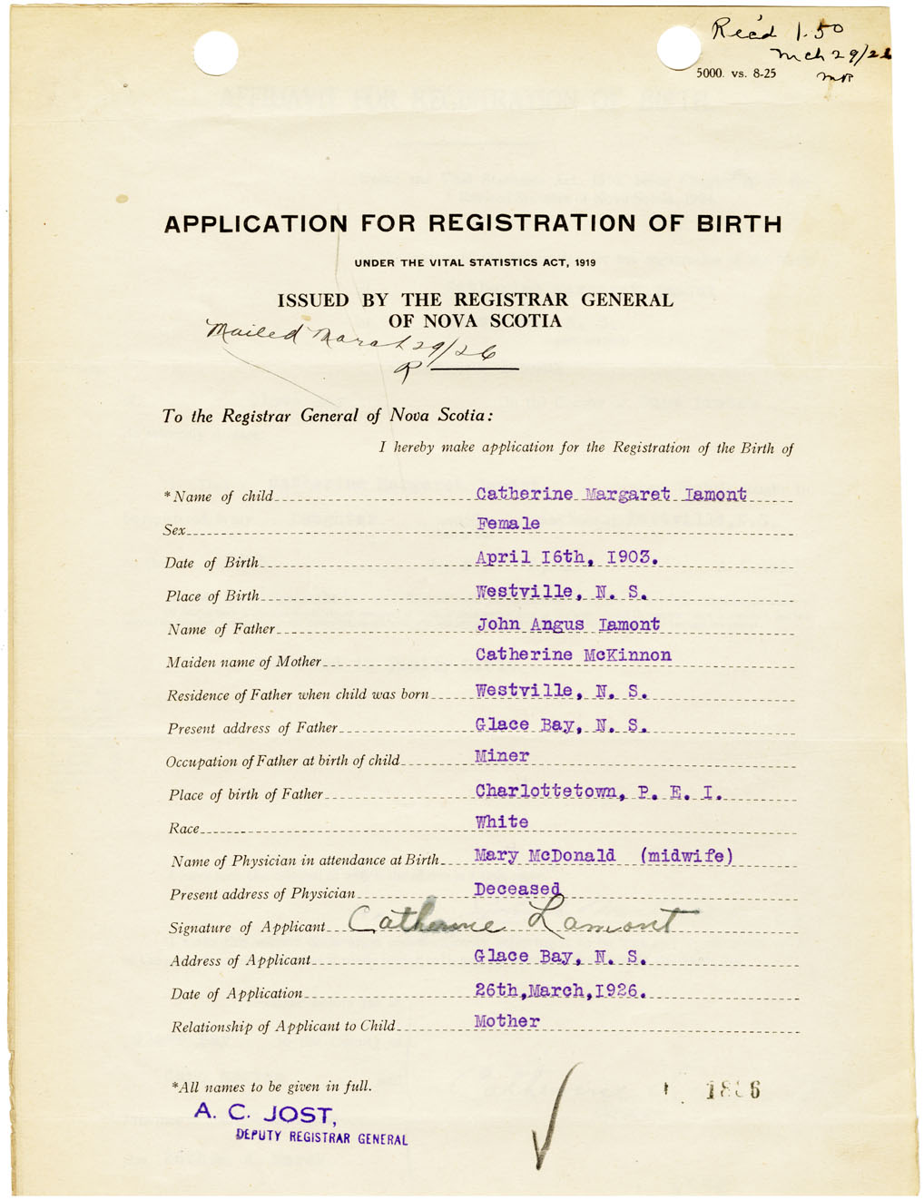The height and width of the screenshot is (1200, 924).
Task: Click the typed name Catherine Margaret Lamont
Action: tap(611, 495)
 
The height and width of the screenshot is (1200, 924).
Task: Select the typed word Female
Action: tap(508, 524)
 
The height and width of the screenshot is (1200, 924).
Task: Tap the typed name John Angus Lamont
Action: tap(568, 625)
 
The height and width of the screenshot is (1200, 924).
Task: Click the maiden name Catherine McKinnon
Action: tap(573, 655)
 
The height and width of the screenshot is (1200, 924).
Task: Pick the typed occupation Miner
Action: tap(502, 756)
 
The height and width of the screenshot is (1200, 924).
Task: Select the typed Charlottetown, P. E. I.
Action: tap(598, 792)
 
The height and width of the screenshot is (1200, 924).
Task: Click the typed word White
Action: tap(502, 822)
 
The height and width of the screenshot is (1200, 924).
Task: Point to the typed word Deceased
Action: tap(516, 890)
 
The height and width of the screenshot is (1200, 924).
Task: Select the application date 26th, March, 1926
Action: tap(559, 990)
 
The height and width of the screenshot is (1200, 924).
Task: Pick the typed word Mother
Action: tap(506, 1022)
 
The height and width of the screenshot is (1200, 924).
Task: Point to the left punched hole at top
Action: tap(215, 53)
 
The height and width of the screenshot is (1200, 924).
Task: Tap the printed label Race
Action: tap(182, 829)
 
